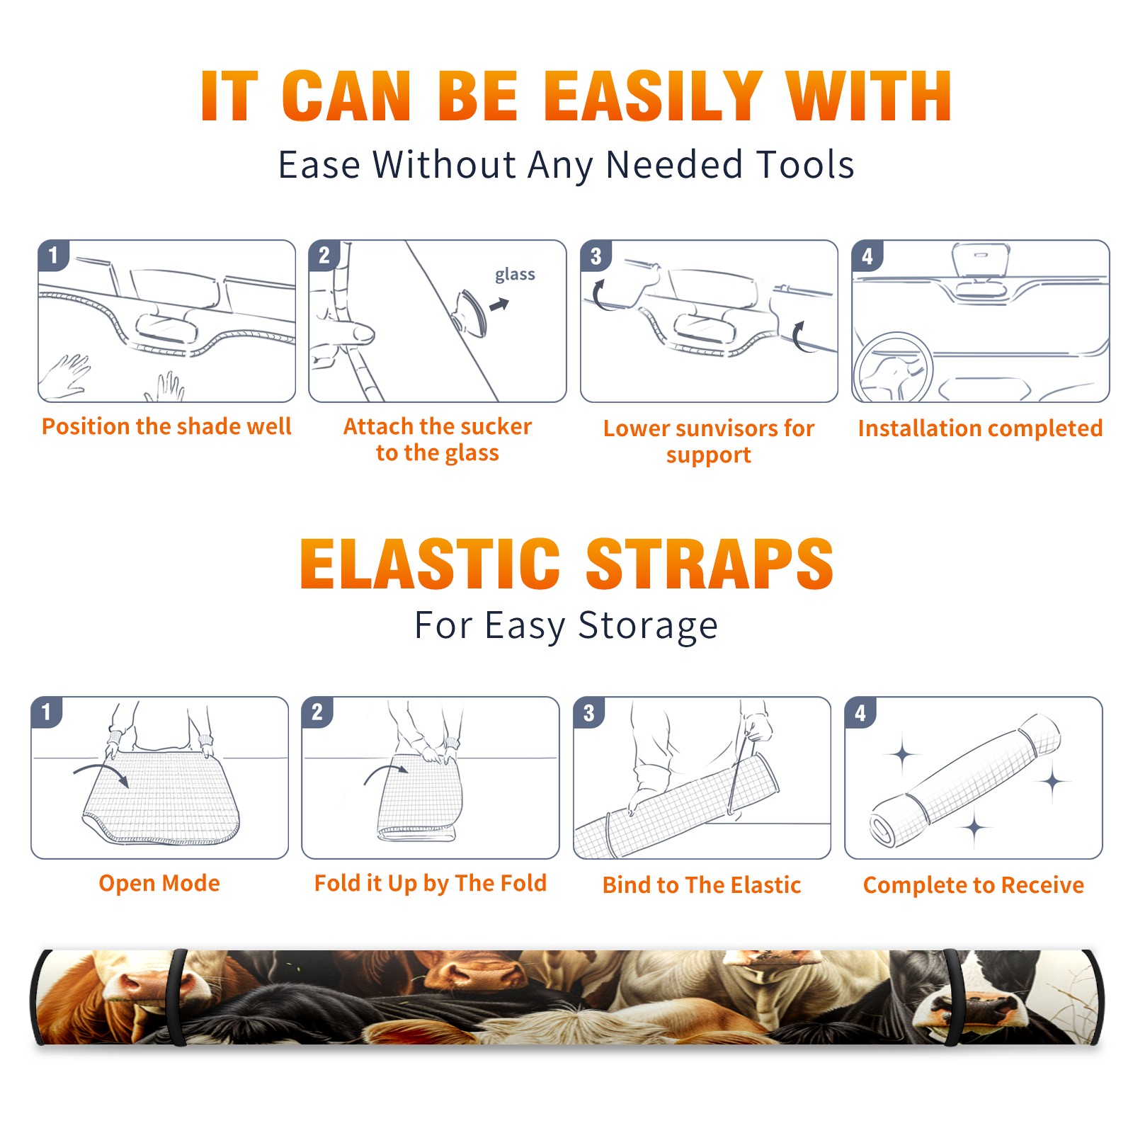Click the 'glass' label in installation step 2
(x=515, y=274)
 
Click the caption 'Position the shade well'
(x=166, y=426)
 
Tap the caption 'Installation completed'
(x=980, y=428)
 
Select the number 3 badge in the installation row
(x=596, y=256)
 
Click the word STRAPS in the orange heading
(x=710, y=564)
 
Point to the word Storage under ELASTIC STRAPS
(x=648, y=626)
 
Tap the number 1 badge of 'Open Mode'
(x=47, y=712)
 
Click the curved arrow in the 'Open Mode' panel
(x=102, y=771)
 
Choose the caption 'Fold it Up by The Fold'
(x=431, y=883)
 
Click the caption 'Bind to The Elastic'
(x=702, y=884)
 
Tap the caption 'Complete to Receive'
(x=974, y=884)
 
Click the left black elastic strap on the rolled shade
(x=176, y=998)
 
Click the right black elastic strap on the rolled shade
(x=952, y=998)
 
